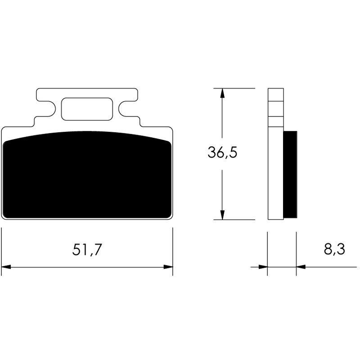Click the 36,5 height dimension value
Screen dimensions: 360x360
pos(222,153)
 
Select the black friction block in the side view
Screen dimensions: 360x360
pos(290,173)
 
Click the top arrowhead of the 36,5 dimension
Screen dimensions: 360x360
pos(222,93)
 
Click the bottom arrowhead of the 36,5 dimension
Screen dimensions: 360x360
pos(222,215)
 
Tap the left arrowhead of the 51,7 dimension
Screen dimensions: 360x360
pos(6,267)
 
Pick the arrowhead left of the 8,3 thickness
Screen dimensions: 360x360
pos(263,267)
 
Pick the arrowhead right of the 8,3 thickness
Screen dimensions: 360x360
pos(301,267)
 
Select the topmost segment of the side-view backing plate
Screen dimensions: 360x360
pos(276,94)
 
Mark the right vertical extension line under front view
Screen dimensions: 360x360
pos(173,250)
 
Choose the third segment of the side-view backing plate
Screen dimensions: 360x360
pos(276,121)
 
